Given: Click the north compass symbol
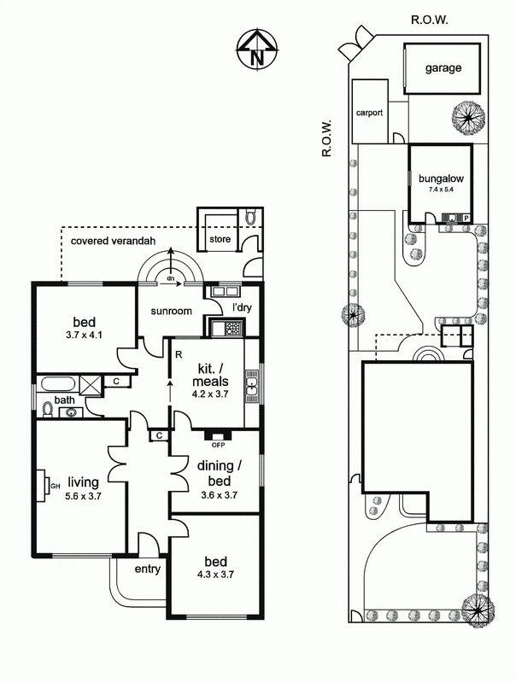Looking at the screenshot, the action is click(x=257, y=49).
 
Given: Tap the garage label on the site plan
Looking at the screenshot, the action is click(x=443, y=68).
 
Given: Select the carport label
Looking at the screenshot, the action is click(x=369, y=113).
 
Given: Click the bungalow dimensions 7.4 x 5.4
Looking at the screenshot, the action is click(x=441, y=190).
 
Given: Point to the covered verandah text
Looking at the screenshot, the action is click(x=113, y=241).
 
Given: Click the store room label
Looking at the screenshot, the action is click(x=220, y=239).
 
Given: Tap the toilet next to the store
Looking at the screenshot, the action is click(x=251, y=217).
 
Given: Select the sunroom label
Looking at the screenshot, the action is click(x=171, y=311).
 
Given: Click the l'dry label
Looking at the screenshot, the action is click(x=242, y=307).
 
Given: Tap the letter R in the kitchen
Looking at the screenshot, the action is click(x=179, y=354).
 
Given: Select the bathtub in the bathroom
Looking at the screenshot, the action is click(x=58, y=384).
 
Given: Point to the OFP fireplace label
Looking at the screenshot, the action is click(x=218, y=445).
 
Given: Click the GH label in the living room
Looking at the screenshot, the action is click(x=56, y=486).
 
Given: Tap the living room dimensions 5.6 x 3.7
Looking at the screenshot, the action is click(x=83, y=496).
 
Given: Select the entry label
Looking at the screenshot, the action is click(x=147, y=569).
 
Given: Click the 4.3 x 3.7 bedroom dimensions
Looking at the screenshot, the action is click(x=216, y=575).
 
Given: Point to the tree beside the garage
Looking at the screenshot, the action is click(x=468, y=117).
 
